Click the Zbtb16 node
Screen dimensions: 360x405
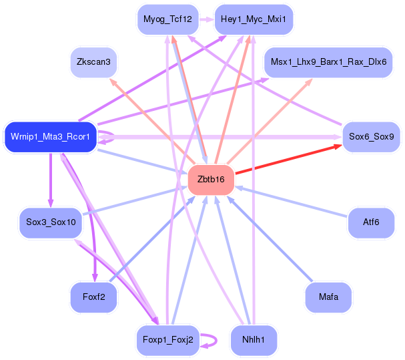point(212,180)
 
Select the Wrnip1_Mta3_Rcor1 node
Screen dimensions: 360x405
point(51,137)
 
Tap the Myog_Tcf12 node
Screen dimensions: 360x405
point(167,19)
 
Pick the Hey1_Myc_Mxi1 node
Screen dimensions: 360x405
point(254,19)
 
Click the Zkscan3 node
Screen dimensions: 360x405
point(93,62)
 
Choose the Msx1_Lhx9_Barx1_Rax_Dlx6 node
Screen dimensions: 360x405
point(328,62)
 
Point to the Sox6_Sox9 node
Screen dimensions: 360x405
point(371,137)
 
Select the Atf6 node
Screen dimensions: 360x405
point(371,222)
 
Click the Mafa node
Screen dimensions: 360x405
point(328,297)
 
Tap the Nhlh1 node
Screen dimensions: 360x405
point(254,340)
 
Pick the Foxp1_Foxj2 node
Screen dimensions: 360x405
point(167,340)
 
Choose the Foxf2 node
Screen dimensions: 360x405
point(93,297)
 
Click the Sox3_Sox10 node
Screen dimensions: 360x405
point(51,222)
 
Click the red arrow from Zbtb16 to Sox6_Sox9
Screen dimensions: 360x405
point(287,160)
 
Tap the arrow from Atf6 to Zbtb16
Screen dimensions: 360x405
point(294,202)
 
